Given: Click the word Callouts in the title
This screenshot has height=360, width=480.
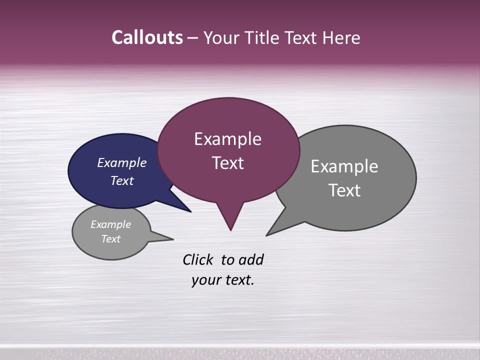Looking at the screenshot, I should click(x=147, y=37).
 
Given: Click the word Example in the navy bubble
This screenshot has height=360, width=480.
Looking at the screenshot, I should click(x=122, y=162).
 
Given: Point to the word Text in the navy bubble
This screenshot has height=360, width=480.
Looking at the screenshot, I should click(x=122, y=180).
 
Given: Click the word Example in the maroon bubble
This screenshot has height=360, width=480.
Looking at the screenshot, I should click(x=228, y=139).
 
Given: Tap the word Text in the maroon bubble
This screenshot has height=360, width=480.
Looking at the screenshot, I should click(x=228, y=163).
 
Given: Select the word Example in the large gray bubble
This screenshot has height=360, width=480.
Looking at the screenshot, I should click(x=344, y=166).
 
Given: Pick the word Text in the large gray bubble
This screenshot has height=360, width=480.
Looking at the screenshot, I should click(x=344, y=190).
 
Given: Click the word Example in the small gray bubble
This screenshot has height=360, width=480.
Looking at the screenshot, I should click(x=111, y=224).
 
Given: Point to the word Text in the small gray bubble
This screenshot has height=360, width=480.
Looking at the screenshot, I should click(x=111, y=239).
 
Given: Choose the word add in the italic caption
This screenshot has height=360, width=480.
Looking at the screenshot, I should click(x=251, y=260).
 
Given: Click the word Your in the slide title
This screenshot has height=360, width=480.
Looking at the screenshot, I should click(x=220, y=38).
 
